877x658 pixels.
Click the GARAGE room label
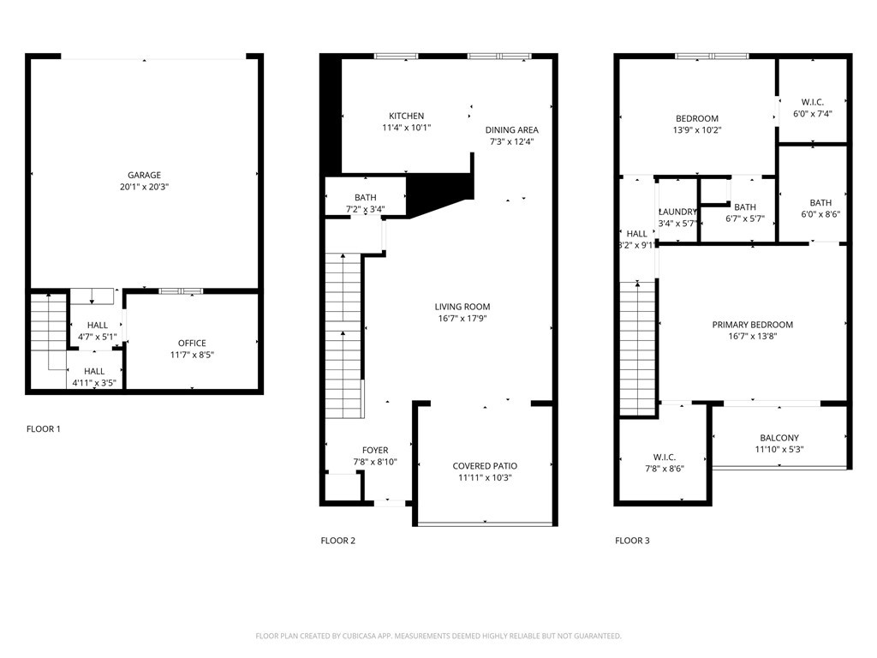(144, 175)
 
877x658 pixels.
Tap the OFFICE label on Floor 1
(192, 343)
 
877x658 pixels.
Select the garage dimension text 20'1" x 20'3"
(144, 187)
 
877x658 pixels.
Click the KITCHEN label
(407, 116)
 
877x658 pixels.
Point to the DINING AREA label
(512, 130)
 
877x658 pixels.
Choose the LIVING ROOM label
(462, 307)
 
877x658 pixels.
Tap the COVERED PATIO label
(485, 466)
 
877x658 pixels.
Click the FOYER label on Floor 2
(375, 451)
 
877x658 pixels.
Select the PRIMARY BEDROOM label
(752, 325)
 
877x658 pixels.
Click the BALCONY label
(779, 438)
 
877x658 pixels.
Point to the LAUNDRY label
(678, 212)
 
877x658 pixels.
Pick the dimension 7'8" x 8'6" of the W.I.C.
(665, 469)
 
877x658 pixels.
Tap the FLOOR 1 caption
(43, 429)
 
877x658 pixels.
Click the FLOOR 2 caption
(337, 541)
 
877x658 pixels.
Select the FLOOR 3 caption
(632, 541)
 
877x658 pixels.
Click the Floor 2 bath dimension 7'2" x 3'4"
(365, 209)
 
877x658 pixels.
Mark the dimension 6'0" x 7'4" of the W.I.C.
(813, 114)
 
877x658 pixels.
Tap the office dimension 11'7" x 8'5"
(193, 355)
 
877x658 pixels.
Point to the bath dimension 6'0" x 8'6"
(820, 214)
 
